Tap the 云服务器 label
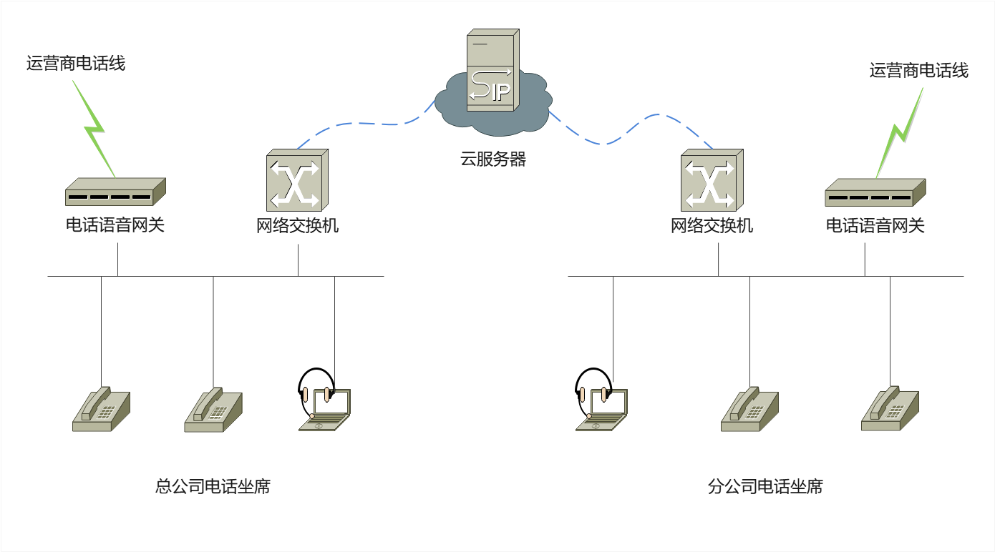[x=493, y=159]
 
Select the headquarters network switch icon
[x=297, y=180]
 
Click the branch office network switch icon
[x=712, y=180]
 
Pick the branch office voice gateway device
[x=875, y=192]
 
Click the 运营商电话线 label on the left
[x=76, y=64]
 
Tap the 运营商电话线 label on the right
[x=918, y=71]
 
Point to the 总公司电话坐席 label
[x=213, y=487]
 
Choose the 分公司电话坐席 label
[x=765, y=487]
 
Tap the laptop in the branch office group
[x=603, y=410]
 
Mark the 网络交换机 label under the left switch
[x=297, y=226]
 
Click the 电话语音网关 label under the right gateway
[x=875, y=226]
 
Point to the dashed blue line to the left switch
[x=365, y=124]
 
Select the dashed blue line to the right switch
[x=630, y=129]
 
